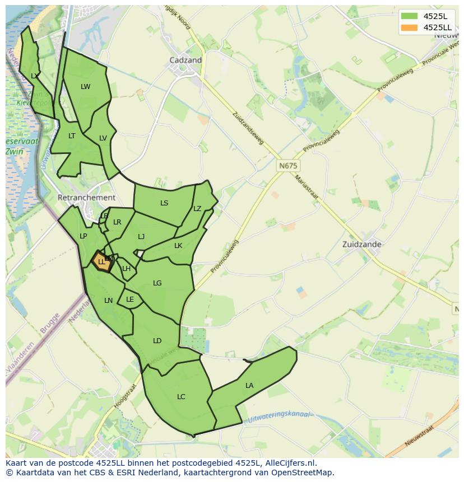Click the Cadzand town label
(185, 60)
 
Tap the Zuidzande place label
(362, 244)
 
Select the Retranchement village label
(86, 198)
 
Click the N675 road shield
(288, 166)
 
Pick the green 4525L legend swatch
(410, 16)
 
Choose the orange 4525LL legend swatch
(410, 27)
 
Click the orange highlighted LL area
(101, 261)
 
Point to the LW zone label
(85, 86)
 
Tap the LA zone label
(249, 385)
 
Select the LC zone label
(181, 397)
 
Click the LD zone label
(157, 341)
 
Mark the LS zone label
(164, 203)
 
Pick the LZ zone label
(197, 209)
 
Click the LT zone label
(72, 136)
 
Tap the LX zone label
(35, 76)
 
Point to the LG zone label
(157, 283)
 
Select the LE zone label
(130, 300)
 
